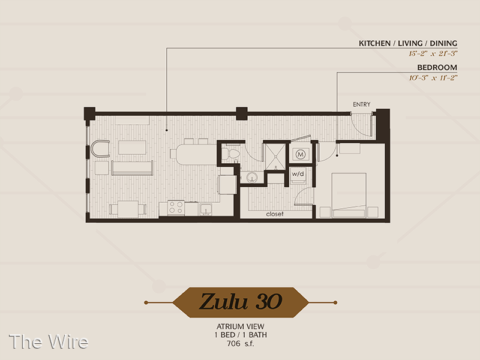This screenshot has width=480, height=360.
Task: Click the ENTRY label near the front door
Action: (362, 104)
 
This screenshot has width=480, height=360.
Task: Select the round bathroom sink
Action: (251, 177)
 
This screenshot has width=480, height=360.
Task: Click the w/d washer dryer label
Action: (298, 174)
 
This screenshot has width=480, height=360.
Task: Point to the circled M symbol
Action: (301, 154)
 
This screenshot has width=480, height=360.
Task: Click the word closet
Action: (275, 214)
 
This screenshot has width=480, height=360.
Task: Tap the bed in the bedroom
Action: (349, 196)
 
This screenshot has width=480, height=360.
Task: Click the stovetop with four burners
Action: (176, 208)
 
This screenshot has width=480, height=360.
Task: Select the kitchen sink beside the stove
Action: (206, 209)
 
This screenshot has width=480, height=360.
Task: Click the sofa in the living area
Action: (132, 168)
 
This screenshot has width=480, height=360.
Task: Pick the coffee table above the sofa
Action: (132, 148)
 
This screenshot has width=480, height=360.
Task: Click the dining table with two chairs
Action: (128, 209)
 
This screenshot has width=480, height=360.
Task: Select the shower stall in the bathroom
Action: (275, 157)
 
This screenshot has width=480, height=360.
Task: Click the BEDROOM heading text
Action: (437, 67)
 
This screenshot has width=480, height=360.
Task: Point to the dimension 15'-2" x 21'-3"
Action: (433, 53)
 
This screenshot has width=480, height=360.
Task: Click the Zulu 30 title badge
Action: (241, 302)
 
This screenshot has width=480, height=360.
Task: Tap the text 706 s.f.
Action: (241, 344)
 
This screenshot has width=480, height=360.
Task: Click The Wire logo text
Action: (49, 341)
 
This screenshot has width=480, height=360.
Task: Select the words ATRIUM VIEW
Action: (241, 326)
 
